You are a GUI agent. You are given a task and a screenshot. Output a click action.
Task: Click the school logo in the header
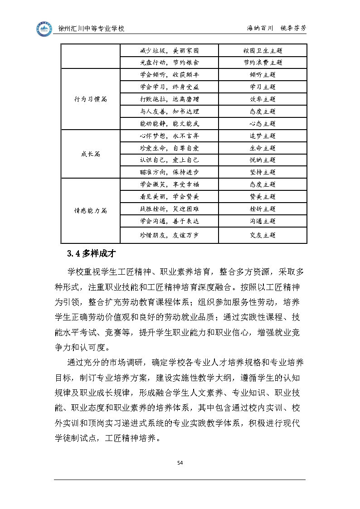coord(44,29)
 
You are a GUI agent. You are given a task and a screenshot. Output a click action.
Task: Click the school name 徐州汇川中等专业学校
coord(92,29)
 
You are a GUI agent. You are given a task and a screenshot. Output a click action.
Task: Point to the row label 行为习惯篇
coord(91,99)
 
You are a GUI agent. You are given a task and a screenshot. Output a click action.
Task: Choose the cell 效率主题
coord(263,99)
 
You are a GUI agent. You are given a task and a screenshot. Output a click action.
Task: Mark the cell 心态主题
coord(263,124)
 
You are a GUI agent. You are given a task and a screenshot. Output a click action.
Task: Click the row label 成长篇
coord(91,154)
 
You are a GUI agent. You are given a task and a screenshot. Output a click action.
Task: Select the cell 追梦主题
coord(263,136)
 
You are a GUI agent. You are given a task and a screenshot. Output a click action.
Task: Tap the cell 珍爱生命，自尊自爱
coord(169,148)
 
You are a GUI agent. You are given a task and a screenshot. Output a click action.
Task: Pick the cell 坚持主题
coord(263,172)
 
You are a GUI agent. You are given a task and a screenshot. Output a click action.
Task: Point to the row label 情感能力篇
coord(91,210)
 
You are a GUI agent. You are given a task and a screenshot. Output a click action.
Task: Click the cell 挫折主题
coord(263,209)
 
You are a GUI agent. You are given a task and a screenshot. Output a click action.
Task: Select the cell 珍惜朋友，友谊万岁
coord(169,235)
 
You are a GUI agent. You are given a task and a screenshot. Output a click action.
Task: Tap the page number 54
coord(180,462)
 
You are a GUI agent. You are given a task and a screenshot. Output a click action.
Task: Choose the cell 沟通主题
coord(263,221)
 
